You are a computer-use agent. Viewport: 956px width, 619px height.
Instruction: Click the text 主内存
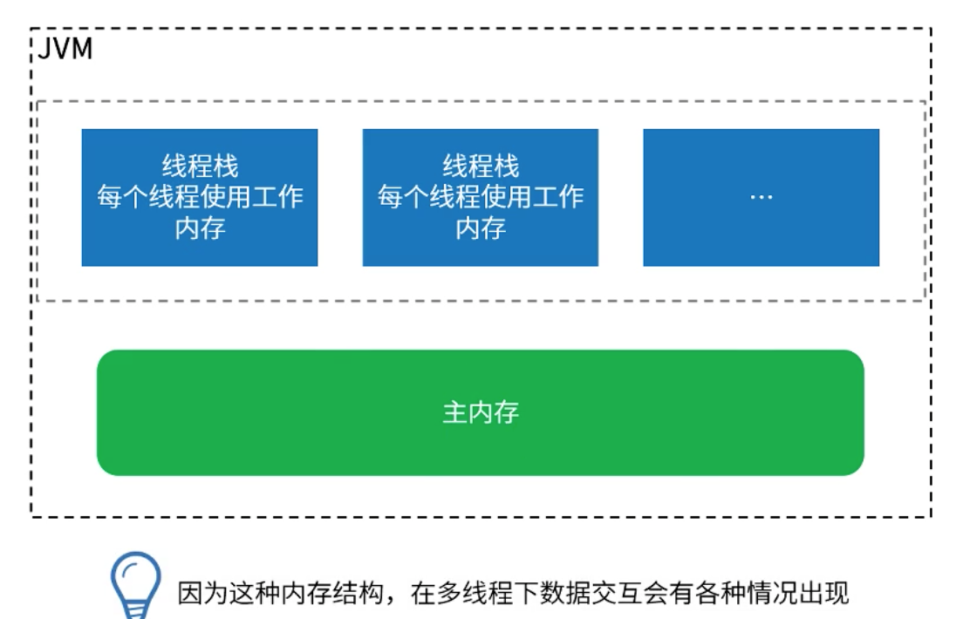[x=481, y=412]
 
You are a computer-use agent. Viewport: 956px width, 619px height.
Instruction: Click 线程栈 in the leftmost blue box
[x=200, y=166]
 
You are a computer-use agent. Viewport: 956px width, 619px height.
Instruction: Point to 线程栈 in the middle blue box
[x=481, y=166]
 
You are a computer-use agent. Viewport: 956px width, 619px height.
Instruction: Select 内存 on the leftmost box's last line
[x=200, y=228]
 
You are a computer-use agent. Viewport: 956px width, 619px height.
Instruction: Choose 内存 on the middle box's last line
[x=481, y=228]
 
